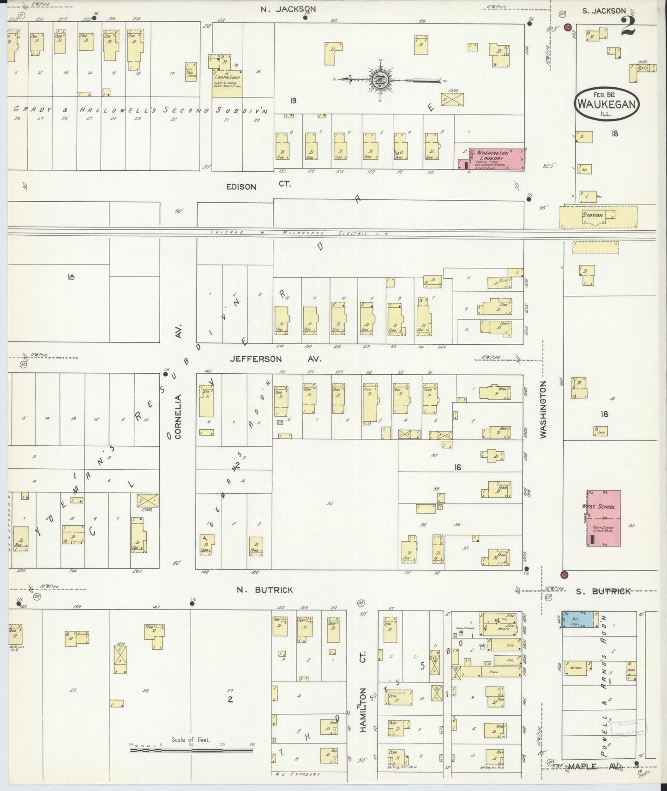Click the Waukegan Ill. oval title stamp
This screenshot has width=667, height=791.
(x=607, y=103)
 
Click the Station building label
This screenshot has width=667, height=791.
(x=592, y=215)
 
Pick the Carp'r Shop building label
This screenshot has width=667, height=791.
(x=227, y=78)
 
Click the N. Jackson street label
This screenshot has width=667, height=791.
(x=288, y=9)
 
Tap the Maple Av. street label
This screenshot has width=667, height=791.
(x=595, y=767)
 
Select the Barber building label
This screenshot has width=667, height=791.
(x=575, y=667)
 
